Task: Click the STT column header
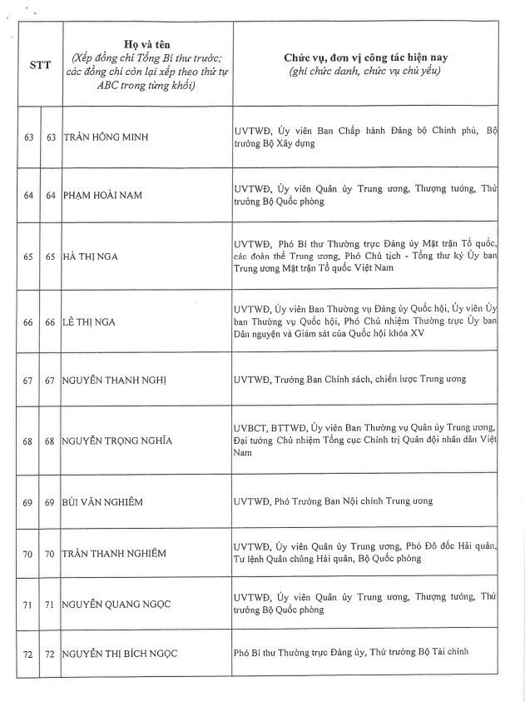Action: (40, 65)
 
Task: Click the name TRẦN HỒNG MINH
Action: (102, 137)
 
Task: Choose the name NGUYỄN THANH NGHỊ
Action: (115, 380)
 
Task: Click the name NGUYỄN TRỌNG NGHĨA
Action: (117, 441)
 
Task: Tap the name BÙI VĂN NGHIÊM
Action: (102, 502)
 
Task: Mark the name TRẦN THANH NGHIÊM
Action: (114, 554)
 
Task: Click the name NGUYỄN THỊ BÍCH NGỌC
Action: (121, 654)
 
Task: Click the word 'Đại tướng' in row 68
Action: (258, 441)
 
